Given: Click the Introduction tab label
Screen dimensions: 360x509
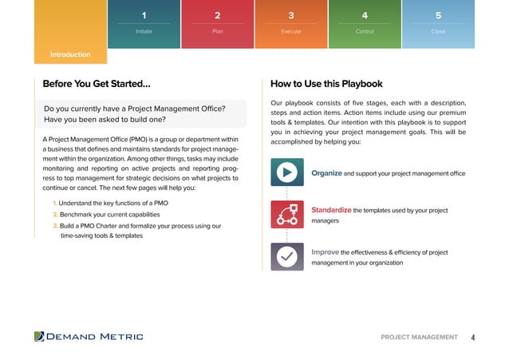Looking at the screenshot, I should coord(70,55).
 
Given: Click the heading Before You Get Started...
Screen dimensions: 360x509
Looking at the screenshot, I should coord(96,84).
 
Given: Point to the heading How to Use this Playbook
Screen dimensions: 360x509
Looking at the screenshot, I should coord(326,84).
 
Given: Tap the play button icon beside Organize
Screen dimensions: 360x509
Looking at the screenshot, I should coord(286,172).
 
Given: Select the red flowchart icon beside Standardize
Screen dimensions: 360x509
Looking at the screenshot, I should coord(286,215).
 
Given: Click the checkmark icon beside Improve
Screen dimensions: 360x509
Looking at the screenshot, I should coord(286,256).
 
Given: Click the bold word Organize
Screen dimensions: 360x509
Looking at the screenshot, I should coord(326,173).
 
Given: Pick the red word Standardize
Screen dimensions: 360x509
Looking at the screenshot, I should coord(331,211).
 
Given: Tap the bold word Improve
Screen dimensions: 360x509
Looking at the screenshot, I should coord(325,252).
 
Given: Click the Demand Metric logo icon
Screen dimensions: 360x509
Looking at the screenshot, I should coord(39,337).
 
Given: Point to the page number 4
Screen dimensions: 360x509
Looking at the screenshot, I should coord(472,338).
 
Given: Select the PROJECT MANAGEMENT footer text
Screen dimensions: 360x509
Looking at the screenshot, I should coord(420,338).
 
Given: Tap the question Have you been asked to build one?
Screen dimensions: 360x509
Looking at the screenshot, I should coord(116,121).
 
